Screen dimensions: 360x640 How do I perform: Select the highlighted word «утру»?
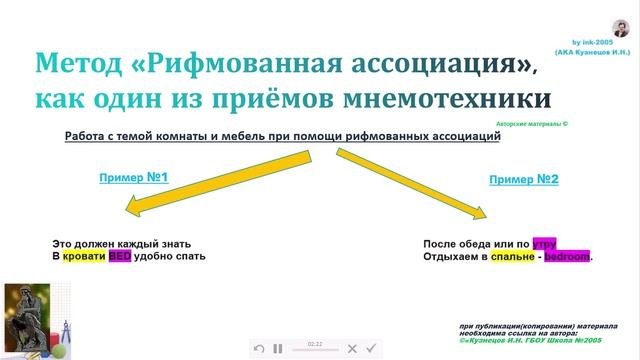[x=545, y=243]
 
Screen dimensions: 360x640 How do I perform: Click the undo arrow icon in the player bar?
[x=259, y=348]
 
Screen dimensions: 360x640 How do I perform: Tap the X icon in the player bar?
[x=352, y=348]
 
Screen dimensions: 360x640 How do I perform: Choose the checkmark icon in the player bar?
[x=371, y=348]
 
